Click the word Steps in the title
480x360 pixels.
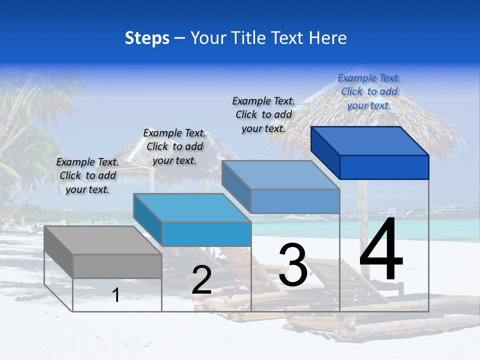click(147, 38)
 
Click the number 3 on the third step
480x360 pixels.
click(293, 265)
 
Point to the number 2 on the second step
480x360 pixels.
click(201, 280)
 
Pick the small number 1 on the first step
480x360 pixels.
click(116, 295)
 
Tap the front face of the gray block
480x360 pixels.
click(117, 266)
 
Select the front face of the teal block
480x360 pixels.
click(206, 233)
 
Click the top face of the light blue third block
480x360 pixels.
click(280, 175)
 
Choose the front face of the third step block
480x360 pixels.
click(295, 201)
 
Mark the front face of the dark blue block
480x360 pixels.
click(384, 167)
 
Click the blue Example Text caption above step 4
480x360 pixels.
click(369, 91)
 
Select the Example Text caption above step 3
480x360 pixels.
click(263, 114)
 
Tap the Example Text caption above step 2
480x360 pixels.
click(174, 146)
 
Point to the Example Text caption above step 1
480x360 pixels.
click(87, 175)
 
